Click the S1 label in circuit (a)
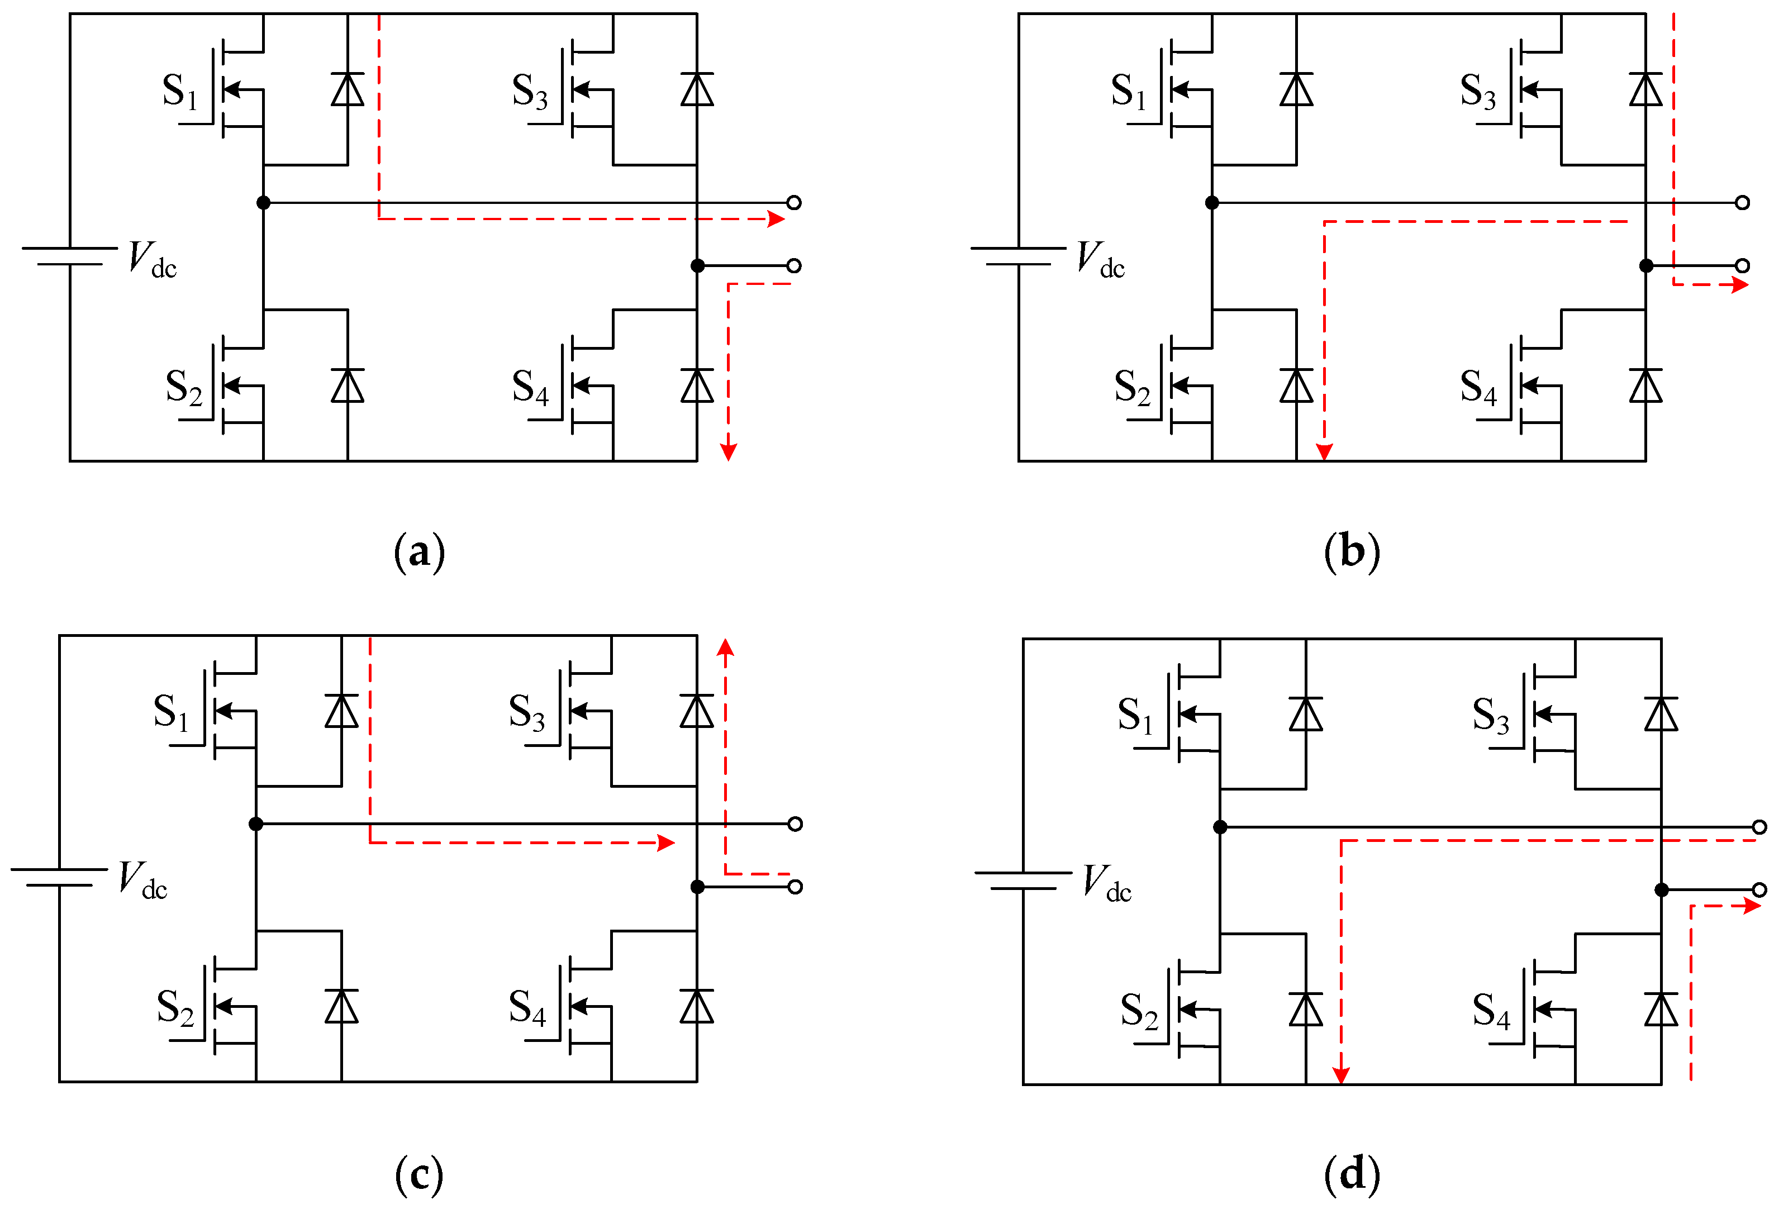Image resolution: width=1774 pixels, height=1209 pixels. [180, 92]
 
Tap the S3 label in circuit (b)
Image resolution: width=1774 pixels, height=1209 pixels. [1478, 92]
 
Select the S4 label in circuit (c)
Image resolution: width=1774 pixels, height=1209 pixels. [527, 1007]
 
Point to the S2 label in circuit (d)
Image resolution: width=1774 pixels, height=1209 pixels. [1139, 1011]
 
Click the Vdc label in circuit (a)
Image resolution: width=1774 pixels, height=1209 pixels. [152, 259]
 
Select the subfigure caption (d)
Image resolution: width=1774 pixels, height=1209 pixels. [1352, 1173]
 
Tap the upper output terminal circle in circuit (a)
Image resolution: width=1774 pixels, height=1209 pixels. [794, 202]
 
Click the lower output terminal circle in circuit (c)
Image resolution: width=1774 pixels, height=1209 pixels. [795, 887]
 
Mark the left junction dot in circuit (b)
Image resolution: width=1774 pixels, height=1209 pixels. [1212, 202]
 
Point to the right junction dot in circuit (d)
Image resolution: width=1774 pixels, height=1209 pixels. [1662, 890]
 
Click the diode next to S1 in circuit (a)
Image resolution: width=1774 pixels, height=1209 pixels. [348, 89]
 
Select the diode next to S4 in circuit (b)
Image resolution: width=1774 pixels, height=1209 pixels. [1645, 385]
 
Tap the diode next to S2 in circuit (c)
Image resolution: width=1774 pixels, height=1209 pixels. [341, 1007]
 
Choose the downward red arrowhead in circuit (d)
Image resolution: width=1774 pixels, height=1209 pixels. [1341, 1075]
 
